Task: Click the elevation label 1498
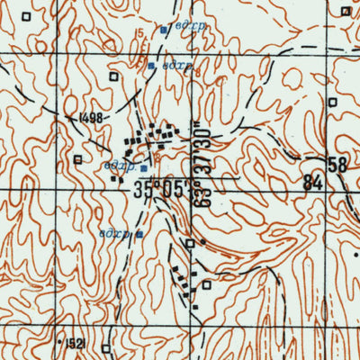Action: pos(93,117)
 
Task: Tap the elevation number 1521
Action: pos(75,343)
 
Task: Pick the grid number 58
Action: pos(337,165)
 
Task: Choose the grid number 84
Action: pos(312,183)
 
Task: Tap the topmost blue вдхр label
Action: pos(192,27)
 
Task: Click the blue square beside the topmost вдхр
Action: pos(163,30)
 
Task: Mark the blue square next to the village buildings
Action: pos(143,166)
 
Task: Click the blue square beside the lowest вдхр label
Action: pos(139,234)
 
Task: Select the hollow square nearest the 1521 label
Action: pos(105,346)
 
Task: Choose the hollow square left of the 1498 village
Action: pos(78,160)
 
